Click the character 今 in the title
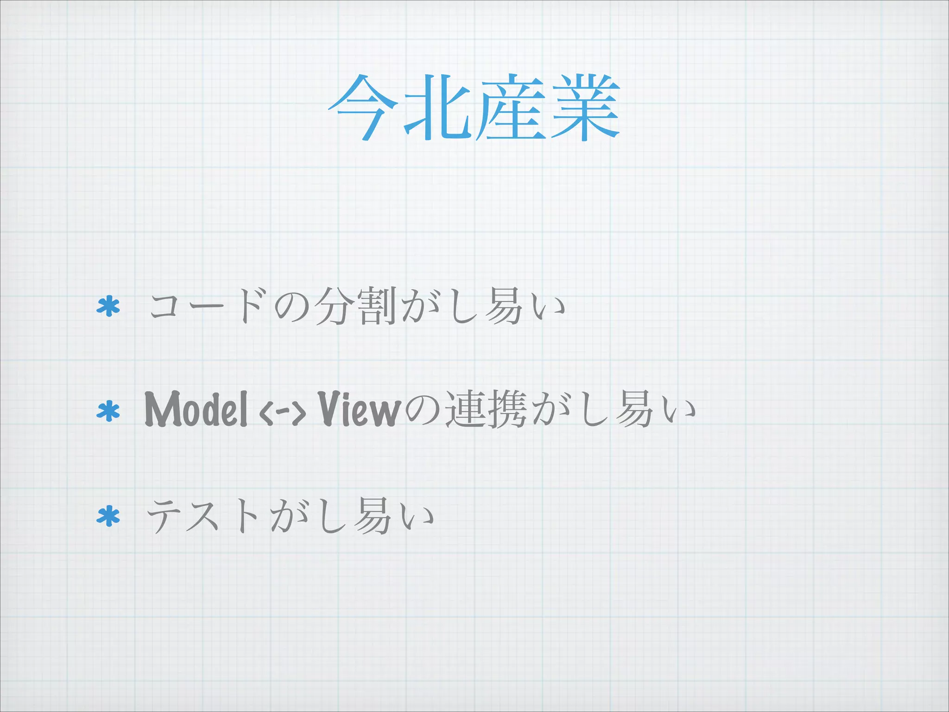click(x=363, y=108)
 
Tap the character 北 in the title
click(x=436, y=108)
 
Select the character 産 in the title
click(x=510, y=108)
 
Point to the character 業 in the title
click(x=585, y=108)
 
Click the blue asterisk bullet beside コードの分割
click(x=108, y=306)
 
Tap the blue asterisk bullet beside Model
click(x=108, y=411)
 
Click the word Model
click(x=196, y=409)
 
